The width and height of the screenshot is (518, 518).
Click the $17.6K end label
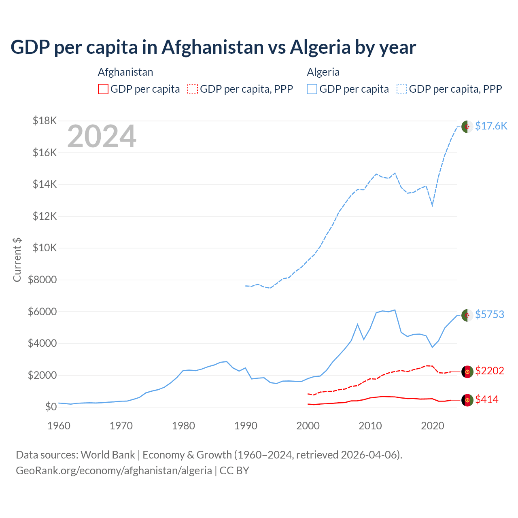point(491,126)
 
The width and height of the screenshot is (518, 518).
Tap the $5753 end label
point(490,314)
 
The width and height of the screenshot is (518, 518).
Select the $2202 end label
point(490,371)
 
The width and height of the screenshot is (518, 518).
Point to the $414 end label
point(487,399)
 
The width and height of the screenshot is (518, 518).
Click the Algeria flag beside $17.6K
point(467,126)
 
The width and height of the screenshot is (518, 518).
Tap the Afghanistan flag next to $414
point(467,400)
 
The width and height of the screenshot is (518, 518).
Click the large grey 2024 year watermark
point(102,136)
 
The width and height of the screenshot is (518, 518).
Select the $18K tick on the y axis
point(45,121)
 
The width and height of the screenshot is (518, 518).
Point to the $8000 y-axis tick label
point(42,280)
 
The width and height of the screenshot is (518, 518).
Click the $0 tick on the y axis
point(51,407)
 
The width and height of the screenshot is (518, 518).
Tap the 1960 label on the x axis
point(59,426)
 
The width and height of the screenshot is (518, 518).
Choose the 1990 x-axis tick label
point(246,426)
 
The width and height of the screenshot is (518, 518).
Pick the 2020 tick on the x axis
point(433,426)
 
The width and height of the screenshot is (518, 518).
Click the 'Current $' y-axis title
point(17,260)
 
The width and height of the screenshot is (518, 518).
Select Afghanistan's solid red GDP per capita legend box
point(103,89)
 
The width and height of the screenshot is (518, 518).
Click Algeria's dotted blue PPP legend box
point(402,89)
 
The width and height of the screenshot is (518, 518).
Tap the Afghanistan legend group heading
point(125,72)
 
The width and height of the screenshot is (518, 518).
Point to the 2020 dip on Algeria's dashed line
point(432,205)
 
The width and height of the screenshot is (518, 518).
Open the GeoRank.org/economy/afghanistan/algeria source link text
point(114,471)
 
